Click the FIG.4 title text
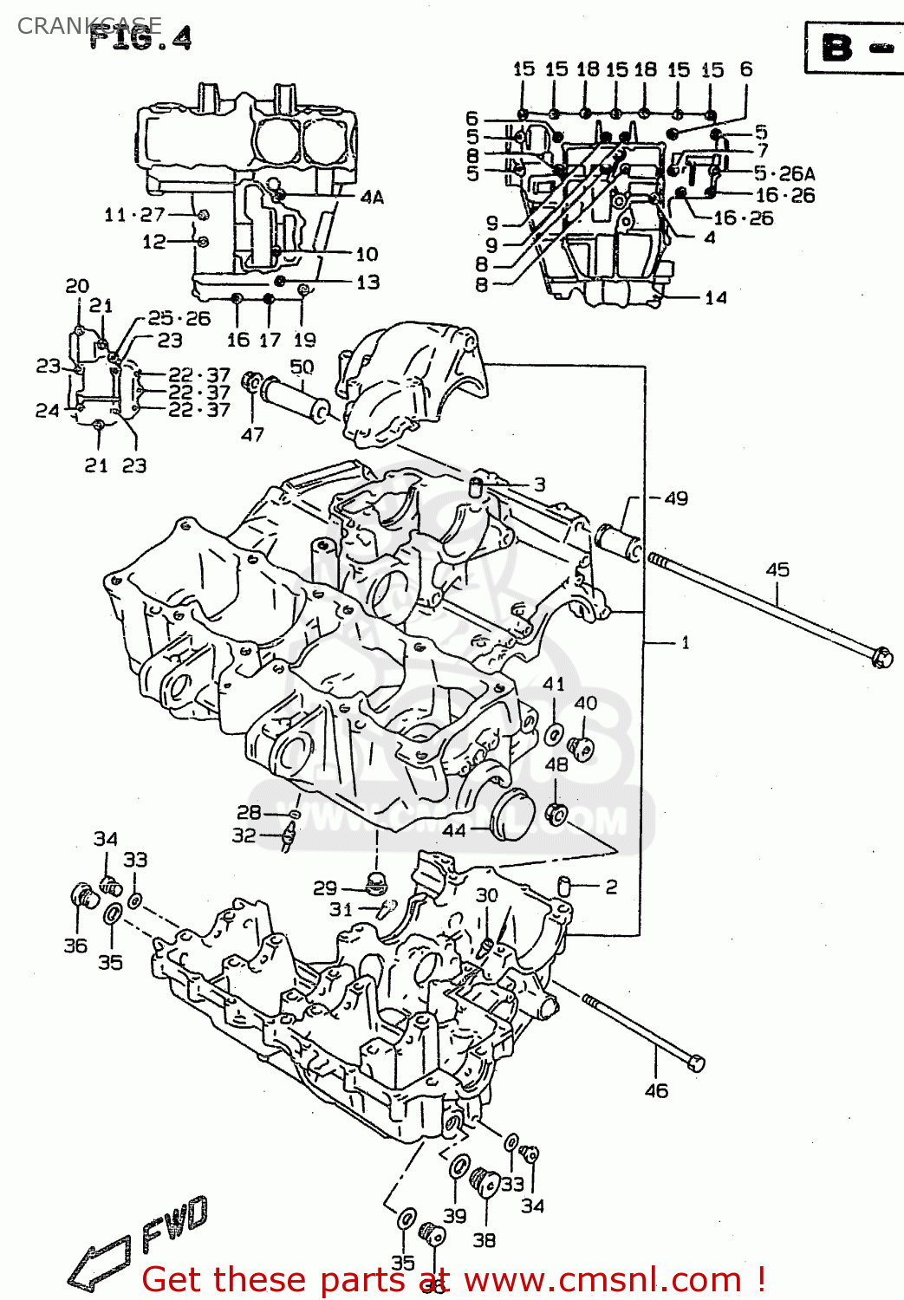[140, 39]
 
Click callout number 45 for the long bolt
[777, 569]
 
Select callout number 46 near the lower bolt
[656, 1091]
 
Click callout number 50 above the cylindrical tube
[301, 367]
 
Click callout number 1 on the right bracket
[685, 642]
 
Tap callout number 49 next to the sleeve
[675, 498]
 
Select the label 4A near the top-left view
[372, 198]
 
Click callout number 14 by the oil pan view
[716, 298]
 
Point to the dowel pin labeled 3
[476, 486]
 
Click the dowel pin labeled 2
[563, 886]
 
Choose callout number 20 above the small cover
[77, 285]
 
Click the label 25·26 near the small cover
[179, 318]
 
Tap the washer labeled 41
[554, 736]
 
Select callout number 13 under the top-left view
[367, 282]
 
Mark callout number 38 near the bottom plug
[484, 1240]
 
